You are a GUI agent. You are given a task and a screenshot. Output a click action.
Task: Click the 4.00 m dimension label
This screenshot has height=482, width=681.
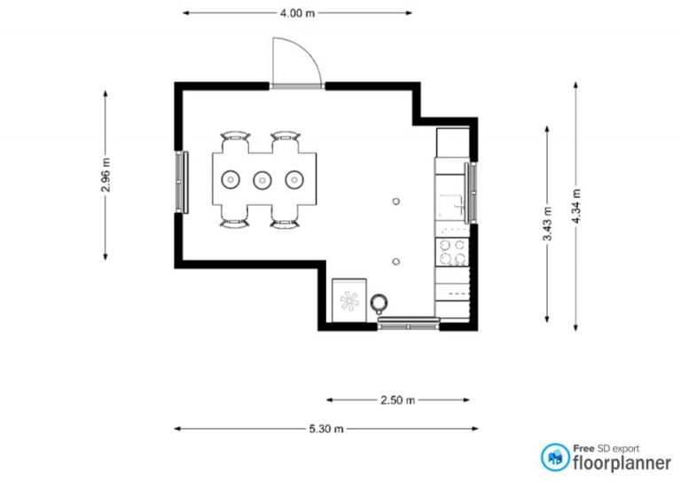coord(297,13)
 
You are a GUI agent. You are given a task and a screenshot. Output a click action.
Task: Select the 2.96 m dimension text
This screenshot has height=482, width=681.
coord(106,175)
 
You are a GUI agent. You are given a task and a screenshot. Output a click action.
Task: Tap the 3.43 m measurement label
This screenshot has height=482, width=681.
coord(547,224)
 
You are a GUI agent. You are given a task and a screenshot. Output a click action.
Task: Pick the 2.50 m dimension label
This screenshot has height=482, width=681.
coord(397,400)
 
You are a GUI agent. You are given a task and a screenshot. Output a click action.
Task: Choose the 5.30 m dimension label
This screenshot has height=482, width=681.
coord(326,429)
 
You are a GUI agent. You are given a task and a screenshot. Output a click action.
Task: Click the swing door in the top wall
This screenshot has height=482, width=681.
coord(295,64)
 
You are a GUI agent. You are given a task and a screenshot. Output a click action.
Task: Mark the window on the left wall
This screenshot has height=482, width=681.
coord(184,181)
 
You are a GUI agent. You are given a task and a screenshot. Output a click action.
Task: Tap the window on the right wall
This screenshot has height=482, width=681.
coord(472,192)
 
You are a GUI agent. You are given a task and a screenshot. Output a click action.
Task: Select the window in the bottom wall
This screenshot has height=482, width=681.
coord(408,325)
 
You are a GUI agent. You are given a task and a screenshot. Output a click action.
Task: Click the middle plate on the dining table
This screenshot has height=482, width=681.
coord(262,180)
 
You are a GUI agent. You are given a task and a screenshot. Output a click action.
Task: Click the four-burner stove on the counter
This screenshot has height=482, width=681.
coord(451,252)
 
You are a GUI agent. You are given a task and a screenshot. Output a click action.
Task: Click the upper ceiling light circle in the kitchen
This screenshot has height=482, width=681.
coord(396,201)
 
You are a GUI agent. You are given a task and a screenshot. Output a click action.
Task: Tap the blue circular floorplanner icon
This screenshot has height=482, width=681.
coord(556,457)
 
